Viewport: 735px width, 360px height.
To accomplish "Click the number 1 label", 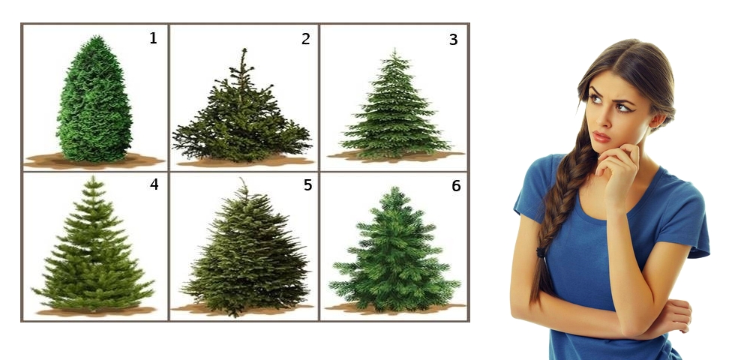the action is tap(153, 38).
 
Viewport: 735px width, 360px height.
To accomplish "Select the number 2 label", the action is tap(306, 39).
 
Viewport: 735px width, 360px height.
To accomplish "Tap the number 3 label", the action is tap(453, 40).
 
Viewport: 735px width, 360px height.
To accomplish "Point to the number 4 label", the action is tap(154, 184).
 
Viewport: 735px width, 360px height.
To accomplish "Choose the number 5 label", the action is tap(307, 185).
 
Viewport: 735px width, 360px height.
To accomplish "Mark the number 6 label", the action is tap(456, 186).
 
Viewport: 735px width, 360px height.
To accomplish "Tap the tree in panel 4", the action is tap(93, 246).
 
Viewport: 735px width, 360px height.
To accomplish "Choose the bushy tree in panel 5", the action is tap(245, 253).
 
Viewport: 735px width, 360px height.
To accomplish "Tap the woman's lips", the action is tap(601, 136).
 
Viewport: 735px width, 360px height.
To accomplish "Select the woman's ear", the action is tap(657, 120).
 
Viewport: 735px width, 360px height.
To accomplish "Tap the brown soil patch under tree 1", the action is tap(94, 161).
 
